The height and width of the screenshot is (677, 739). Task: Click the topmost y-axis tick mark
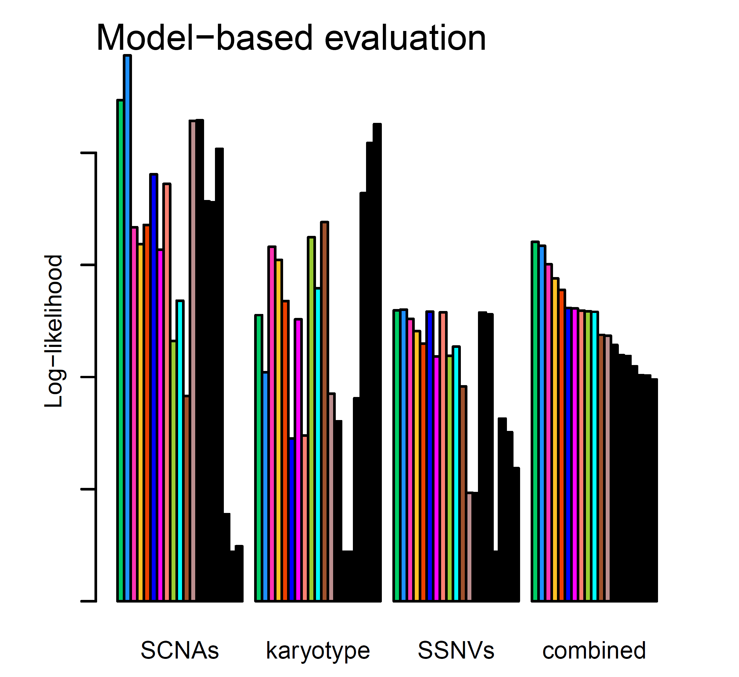(88, 153)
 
